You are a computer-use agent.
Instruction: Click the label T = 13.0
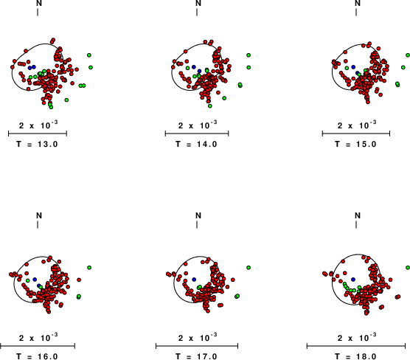(37, 144)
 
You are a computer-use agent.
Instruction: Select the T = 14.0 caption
(196, 144)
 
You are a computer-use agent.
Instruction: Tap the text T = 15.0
(355, 144)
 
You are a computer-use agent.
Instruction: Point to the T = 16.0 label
(37, 356)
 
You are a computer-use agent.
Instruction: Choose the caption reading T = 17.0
(196, 356)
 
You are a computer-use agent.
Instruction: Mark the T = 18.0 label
(355, 356)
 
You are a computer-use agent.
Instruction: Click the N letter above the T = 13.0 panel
(39, 3)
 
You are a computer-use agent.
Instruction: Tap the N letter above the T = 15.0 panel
(358, 3)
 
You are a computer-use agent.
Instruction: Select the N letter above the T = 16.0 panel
(39, 215)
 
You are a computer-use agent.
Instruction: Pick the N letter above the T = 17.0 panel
(198, 215)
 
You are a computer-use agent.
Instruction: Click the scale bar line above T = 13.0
(38, 134)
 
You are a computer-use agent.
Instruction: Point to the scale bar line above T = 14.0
(197, 134)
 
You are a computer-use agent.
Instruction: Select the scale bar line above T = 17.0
(197, 346)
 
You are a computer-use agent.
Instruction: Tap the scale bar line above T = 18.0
(356, 346)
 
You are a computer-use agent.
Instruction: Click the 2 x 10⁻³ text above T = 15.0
(357, 125)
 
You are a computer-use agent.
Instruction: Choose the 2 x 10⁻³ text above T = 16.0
(38, 338)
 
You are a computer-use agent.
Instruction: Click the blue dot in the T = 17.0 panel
(194, 280)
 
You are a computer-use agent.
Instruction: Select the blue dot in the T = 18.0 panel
(353, 280)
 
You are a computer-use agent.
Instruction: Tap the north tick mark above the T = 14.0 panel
(197, 13)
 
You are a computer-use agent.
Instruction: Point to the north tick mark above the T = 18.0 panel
(356, 225)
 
